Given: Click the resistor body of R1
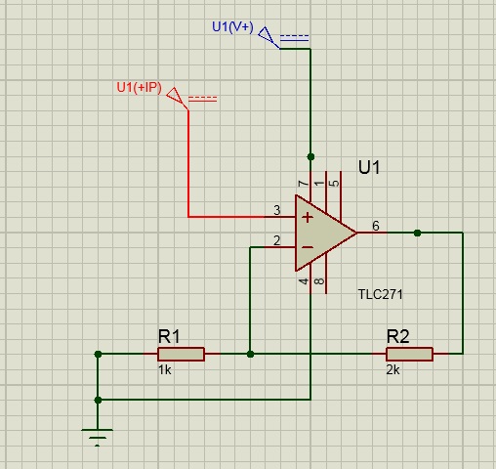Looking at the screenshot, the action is click(x=181, y=354).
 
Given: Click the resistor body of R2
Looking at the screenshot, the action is click(x=409, y=354).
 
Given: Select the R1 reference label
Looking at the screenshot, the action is click(x=169, y=336).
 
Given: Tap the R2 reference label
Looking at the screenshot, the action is click(x=398, y=336).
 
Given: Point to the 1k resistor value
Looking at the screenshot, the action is click(x=165, y=370).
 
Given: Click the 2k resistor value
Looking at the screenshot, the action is click(x=393, y=370).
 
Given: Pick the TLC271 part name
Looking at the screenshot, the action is click(x=380, y=294).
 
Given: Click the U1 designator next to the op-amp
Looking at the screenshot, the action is click(x=369, y=167).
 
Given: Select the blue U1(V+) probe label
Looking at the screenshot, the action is click(x=232, y=27).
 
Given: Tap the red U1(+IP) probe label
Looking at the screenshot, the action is click(x=139, y=88).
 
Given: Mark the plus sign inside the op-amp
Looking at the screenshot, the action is click(x=308, y=218).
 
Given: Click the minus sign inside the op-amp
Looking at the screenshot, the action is click(x=308, y=247).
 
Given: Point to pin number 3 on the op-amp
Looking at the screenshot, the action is click(x=277, y=210).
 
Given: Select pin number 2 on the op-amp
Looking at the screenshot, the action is click(x=277, y=240).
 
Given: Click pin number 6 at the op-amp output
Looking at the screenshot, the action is click(x=376, y=226).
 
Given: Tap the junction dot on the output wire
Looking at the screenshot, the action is click(x=417, y=233).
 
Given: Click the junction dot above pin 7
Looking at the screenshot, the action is click(x=310, y=157).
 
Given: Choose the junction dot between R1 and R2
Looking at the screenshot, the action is click(x=250, y=354).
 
